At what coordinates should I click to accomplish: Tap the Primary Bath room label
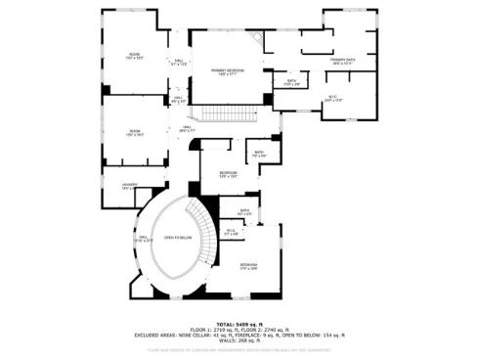pos(342,61)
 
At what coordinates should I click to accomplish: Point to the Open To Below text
pos(177,238)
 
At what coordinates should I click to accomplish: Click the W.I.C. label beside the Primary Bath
pos(333,97)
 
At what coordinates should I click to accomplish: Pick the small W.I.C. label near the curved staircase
pos(231,231)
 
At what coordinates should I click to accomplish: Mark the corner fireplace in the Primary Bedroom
pos(257,39)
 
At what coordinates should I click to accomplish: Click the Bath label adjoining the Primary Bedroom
pos(290,82)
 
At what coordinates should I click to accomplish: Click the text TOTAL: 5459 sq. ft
pos(239,323)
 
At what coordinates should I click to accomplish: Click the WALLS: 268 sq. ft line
pos(239,340)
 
